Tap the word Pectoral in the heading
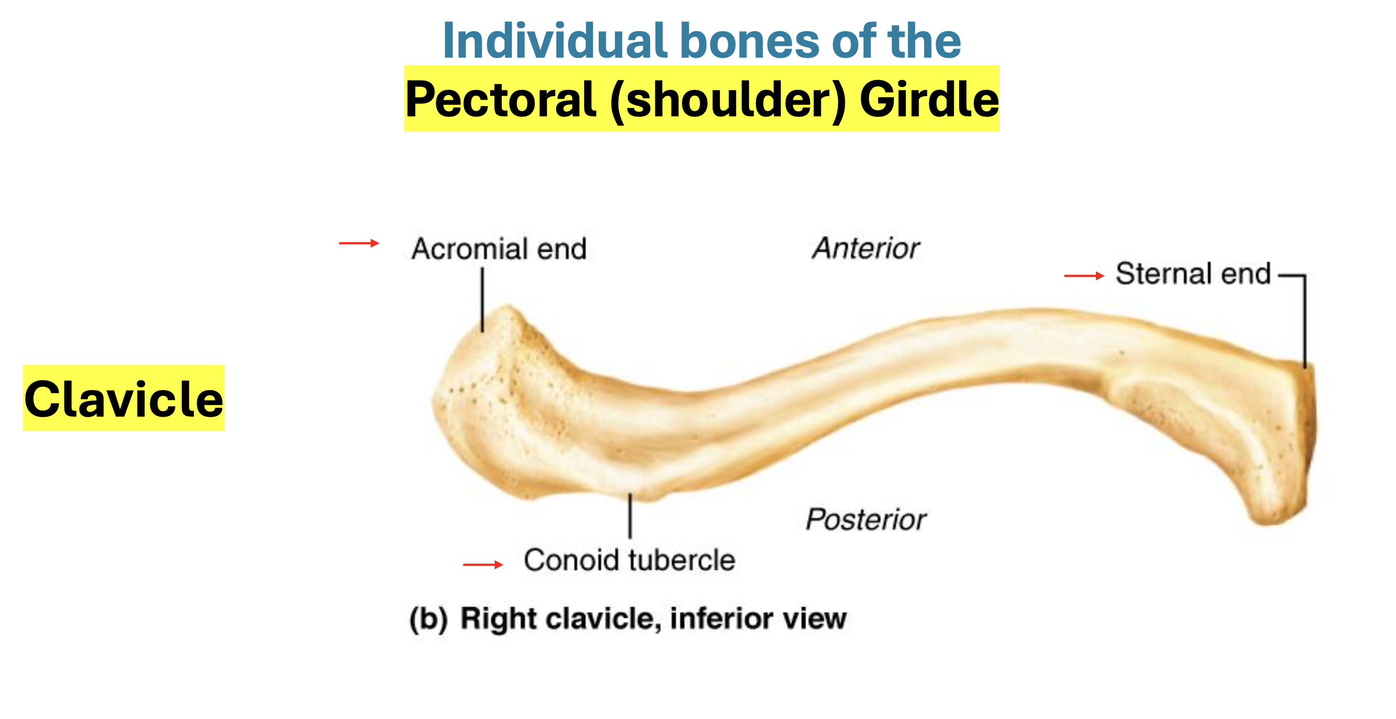(501, 100)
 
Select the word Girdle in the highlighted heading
(929, 100)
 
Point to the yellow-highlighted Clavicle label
(124, 399)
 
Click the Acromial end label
(499, 249)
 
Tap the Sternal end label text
(1192, 274)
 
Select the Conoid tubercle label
(629, 561)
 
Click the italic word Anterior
(865, 249)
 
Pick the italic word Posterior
(865, 520)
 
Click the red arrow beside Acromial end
(359, 244)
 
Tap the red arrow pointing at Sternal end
(1084, 276)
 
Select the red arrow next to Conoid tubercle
(483, 565)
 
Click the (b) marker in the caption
(428, 619)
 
